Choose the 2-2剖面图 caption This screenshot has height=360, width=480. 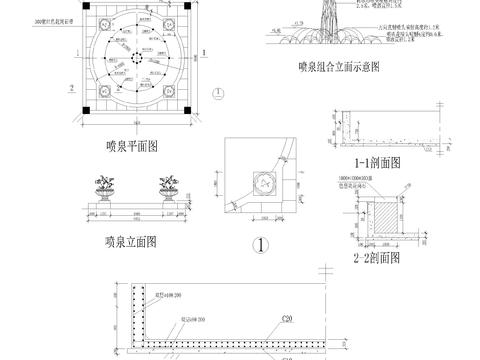click(x=377, y=256)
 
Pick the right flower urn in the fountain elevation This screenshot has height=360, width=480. click(x=168, y=187)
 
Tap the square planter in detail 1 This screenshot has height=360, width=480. click(x=264, y=181)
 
